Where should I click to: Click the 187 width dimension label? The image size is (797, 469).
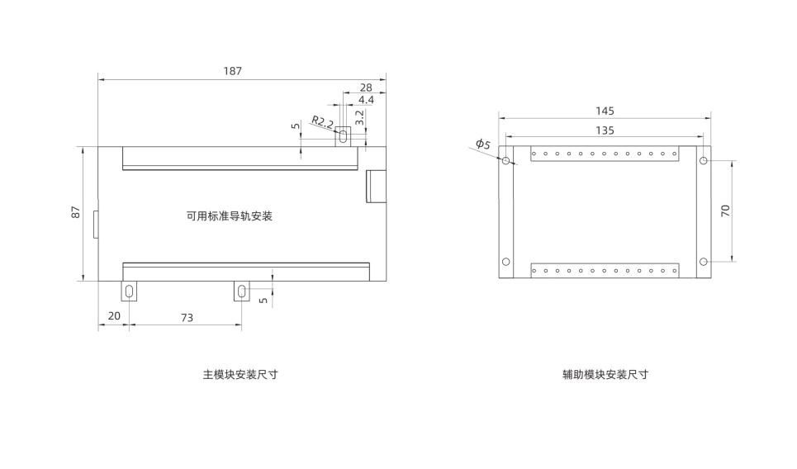click(x=232, y=71)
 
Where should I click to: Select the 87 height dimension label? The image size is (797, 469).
click(x=76, y=212)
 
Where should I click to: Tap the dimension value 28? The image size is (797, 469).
click(x=366, y=87)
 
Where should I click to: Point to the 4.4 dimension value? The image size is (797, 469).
click(x=366, y=99)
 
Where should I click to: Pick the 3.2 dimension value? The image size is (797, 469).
click(x=360, y=117)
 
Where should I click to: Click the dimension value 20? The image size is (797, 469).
click(x=114, y=316)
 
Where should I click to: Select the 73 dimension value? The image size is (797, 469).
click(x=187, y=316)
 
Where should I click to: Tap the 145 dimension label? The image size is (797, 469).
click(x=605, y=111)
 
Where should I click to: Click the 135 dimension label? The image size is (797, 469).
click(x=605, y=130)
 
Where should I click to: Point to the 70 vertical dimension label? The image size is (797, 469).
click(x=725, y=211)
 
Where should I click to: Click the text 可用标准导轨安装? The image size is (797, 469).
click(x=230, y=216)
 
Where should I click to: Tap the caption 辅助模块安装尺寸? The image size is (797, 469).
click(x=605, y=374)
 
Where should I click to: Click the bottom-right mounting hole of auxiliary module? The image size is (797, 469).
click(x=703, y=262)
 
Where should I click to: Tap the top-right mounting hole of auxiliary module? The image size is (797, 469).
click(x=703, y=160)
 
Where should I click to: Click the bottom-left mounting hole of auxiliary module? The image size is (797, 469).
click(x=506, y=262)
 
